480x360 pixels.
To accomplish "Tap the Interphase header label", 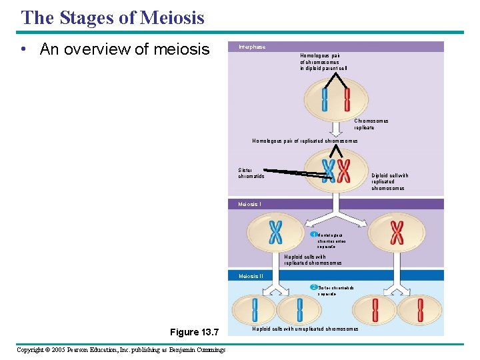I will click(252, 47).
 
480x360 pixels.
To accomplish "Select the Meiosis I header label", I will click(250, 204).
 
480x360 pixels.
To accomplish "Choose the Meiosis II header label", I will click(251, 275).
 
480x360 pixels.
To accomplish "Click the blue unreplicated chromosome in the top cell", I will click(325, 99).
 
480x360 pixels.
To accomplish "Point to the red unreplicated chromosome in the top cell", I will click(347, 99).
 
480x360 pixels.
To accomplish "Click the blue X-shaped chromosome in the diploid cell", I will click(328, 171).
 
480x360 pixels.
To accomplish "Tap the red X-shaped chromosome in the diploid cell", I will click(343, 171).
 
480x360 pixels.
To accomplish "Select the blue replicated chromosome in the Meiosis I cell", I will click(275, 232).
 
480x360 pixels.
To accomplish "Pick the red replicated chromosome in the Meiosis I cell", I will click(397, 232).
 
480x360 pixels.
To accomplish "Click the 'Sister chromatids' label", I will click(251, 173).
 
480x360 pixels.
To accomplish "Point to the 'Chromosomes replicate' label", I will click(371, 124).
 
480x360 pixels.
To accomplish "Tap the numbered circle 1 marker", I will click(313, 235).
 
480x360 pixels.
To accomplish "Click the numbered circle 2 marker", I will click(313, 287).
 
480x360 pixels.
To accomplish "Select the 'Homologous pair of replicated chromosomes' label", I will click(305, 141).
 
